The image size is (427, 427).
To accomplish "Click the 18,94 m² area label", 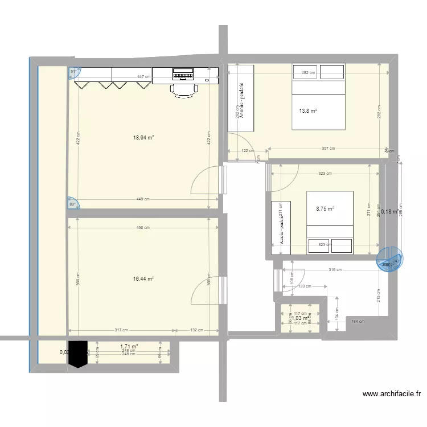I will [143, 137].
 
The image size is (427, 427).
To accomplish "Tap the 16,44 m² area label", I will [143, 279].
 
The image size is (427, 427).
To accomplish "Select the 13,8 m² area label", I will [307, 111].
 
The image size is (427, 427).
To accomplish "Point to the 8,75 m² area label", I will [325, 209].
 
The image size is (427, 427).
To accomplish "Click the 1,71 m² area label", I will [129, 346].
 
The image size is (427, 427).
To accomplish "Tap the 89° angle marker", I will [73, 203].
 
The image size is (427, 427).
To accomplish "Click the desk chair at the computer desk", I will [184, 90].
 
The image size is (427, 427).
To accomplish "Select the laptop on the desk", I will [183, 74].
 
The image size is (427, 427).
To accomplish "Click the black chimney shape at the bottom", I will [78, 354].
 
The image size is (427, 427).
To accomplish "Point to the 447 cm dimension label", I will [143, 77].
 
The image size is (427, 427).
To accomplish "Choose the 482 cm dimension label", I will [308, 73].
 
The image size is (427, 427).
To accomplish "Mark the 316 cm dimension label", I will [335, 270].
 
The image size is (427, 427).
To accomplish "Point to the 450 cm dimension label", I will [143, 228].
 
